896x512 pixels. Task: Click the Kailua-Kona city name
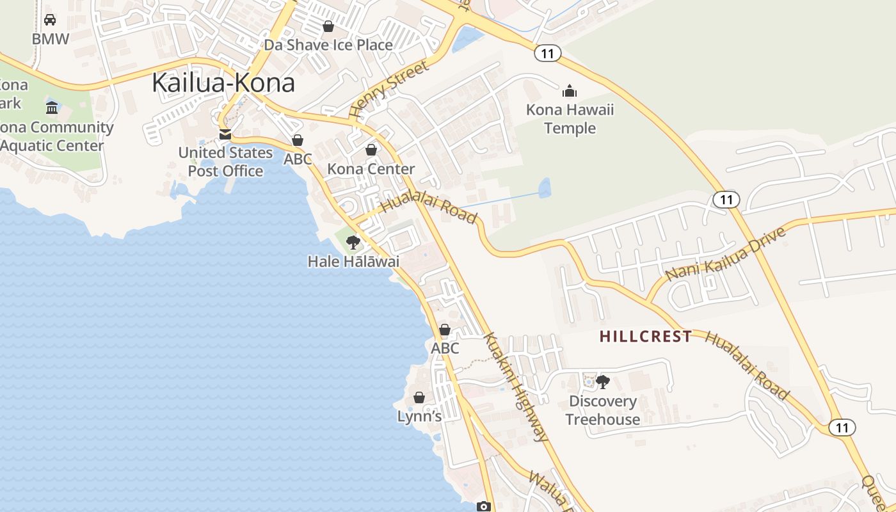223,83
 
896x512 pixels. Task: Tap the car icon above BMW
50,20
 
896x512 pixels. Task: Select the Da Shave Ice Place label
328,45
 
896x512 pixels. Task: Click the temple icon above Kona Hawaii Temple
570,91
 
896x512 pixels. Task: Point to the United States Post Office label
225,162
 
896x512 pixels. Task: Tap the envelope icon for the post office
225,134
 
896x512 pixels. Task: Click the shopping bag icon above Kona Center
371,150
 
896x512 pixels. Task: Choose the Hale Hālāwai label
353,261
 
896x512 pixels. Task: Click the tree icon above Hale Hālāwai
353,242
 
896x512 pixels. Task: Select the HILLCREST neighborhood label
646,336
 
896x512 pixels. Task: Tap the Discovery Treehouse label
602,410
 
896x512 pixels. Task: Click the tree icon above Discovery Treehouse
602,382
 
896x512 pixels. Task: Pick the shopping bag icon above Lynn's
419,397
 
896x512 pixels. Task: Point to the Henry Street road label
388,89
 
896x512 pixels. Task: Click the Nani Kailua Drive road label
725,254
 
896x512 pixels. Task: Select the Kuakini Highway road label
516,387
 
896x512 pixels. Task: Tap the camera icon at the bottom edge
484,507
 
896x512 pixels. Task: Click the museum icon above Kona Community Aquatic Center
52,108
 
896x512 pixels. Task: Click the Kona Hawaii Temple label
570,119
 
